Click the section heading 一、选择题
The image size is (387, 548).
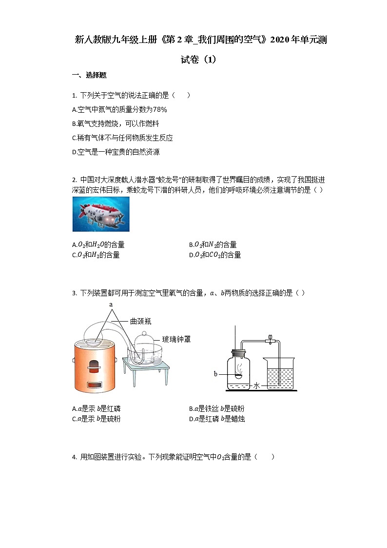89,75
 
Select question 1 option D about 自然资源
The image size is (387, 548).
116,152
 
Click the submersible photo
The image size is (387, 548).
101,214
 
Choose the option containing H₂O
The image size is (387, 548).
98,244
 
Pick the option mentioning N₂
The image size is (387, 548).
213,244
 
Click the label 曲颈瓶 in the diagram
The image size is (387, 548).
141,321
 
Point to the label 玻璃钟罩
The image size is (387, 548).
176,339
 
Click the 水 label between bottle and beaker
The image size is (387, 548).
256,386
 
